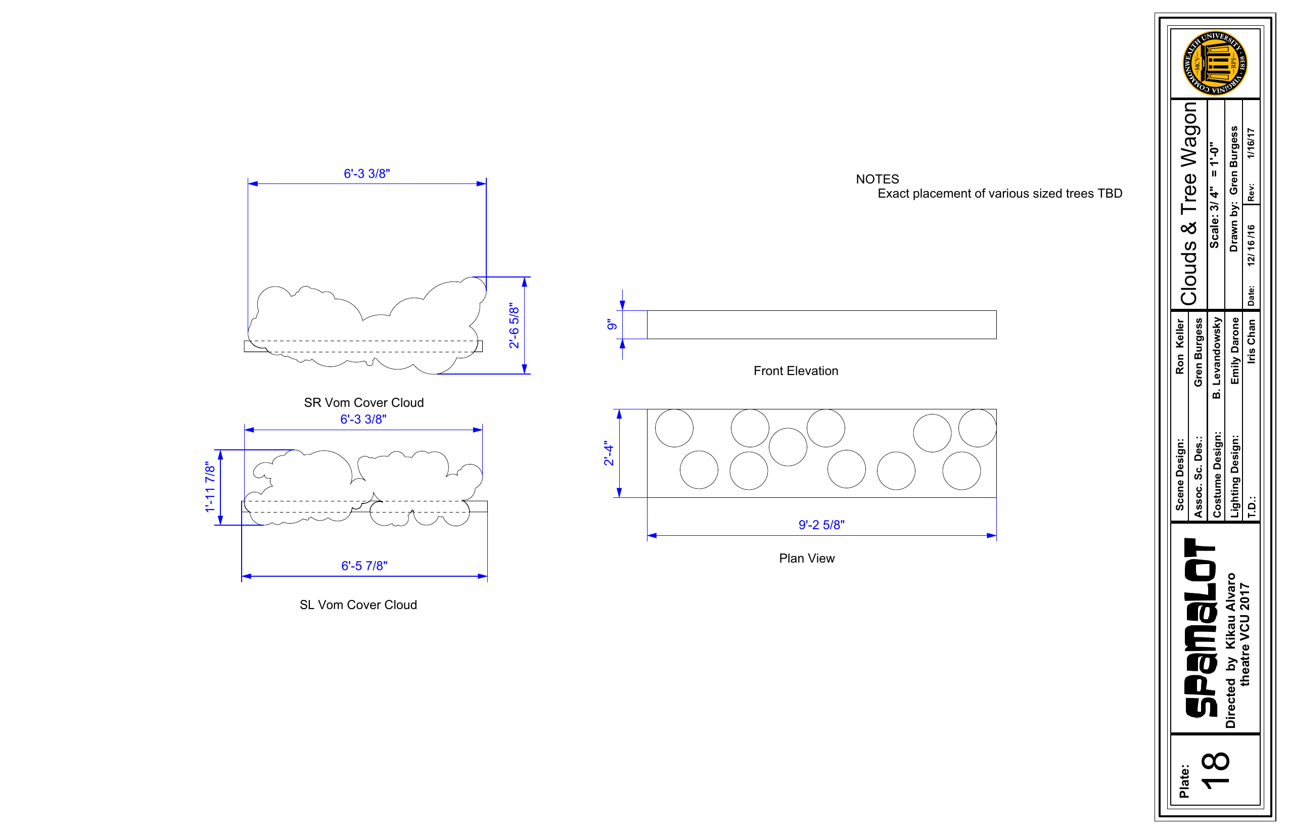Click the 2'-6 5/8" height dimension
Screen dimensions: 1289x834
tap(514, 326)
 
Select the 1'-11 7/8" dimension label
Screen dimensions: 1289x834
tap(210, 487)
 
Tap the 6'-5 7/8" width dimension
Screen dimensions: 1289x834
tap(364, 566)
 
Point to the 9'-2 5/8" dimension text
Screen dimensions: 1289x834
tap(821, 525)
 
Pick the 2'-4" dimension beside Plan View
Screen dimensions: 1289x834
tap(609, 453)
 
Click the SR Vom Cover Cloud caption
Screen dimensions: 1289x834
tap(364, 402)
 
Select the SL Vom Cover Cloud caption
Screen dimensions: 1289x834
tap(358, 605)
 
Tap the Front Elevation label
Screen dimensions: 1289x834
tap(796, 371)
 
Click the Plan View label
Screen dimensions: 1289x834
tap(807, 559)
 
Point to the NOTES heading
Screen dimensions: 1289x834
tap(878, 179)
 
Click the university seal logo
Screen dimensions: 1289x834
tap(1215, 63)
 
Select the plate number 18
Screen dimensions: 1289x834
tap(1215, 769)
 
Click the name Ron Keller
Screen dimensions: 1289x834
tap(1180, 346)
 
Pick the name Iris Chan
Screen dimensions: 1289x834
tap(1251, 341)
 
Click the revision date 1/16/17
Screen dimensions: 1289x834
tap(1251, 143)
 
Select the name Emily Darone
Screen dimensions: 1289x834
tap(1235, 351)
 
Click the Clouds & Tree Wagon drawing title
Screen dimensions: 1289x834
tap(1189, 204)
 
